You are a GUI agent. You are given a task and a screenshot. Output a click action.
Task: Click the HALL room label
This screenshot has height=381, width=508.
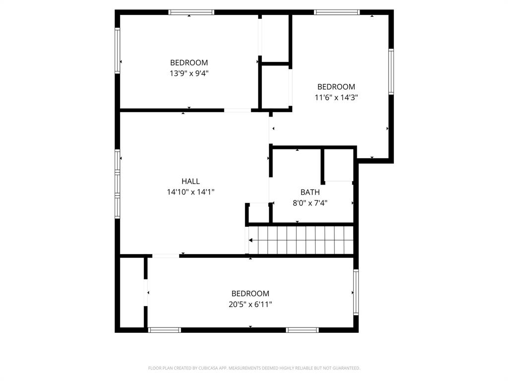click(x=190, y=182)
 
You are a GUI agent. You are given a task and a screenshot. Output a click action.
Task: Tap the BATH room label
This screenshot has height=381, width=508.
click(x=310, y=192)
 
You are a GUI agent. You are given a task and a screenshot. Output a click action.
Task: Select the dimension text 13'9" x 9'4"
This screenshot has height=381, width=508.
click(x=189, y=73)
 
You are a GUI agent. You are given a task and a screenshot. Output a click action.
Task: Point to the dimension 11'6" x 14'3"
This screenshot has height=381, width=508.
click(x=336, y=98)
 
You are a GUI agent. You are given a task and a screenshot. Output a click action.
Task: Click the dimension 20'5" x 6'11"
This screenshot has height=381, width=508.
click(x=250, y=304)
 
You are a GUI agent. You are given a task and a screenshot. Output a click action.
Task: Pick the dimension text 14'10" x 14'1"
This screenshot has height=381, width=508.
click(x=190, y=192)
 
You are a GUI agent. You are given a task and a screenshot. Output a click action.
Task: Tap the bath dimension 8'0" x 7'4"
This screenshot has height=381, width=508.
click(x=310, y=202)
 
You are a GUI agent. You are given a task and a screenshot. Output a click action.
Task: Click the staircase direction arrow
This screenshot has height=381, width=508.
click(x=251, y=240)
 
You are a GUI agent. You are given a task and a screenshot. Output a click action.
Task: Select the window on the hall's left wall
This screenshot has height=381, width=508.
click(x=118, y=184)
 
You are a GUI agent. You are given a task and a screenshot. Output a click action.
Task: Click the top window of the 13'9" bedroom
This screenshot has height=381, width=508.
click(x=191, y=12)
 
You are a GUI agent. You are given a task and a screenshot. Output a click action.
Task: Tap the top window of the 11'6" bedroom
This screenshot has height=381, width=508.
click(x=337, y=12)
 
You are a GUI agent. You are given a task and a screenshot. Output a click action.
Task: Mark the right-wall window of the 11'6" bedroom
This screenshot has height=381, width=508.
click(x=391, y=72)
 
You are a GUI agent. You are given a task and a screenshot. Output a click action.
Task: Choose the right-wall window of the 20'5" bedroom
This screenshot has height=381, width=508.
click(x=356, y=292)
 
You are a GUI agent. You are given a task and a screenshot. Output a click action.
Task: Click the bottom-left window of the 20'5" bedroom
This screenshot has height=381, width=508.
click(x=165, y=330)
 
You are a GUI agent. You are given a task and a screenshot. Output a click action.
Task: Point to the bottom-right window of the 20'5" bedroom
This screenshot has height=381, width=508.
click(x=302, y=330)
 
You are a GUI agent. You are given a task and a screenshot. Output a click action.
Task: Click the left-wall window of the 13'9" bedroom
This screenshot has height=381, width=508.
click(x=118, y=50)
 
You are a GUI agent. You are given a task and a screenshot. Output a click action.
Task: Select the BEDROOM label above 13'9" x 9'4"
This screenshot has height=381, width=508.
click(x=189, y=63)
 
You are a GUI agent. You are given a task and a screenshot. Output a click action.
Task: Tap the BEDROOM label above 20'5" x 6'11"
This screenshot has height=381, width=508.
click(x=250, y=294)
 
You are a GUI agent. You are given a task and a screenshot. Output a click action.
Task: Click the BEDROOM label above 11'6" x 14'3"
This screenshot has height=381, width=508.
click(x=336, y=87)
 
